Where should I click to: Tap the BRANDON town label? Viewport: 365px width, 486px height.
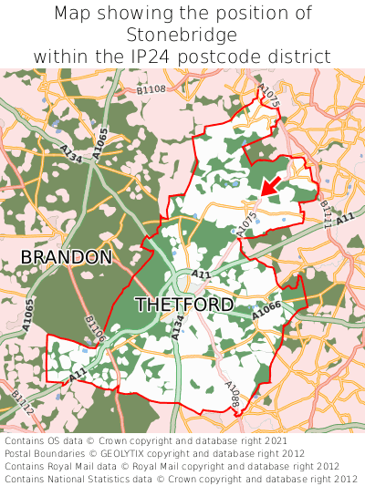pyautogui.click(x=67, y=257)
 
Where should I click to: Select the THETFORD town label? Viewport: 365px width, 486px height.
pyautogui.click(x=183, y=305)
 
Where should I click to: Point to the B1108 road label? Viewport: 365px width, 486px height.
pyautogui.click(x=151, y=88)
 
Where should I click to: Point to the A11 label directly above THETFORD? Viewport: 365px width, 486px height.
pyautogui.click(x=201, y=274)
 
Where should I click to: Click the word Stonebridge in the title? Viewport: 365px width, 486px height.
pyautogui.click(x=182, y=36)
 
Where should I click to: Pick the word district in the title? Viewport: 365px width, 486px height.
pyautogui.click(x=299, y=57)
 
